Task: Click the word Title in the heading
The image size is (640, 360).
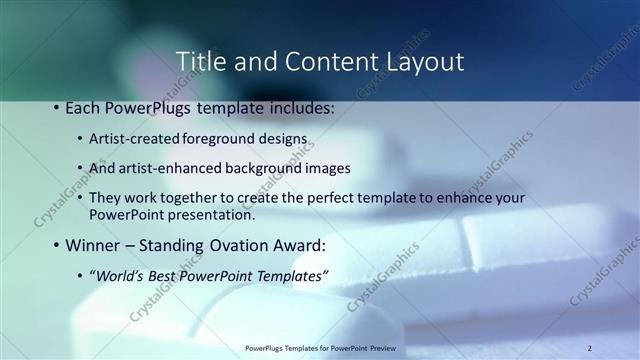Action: (200, 61)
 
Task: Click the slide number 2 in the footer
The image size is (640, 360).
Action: (590, 347)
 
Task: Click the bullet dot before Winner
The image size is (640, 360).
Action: (55, 245)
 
